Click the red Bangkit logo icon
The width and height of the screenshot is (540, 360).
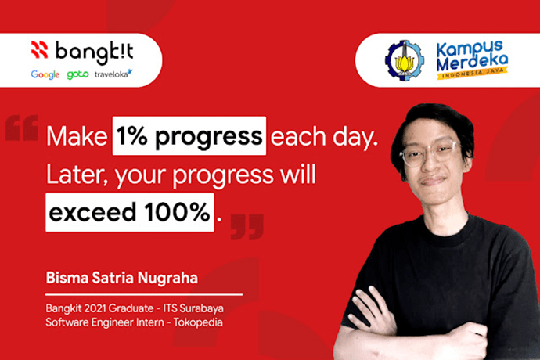tap(40, 49)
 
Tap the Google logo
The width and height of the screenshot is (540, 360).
tap(45, 74)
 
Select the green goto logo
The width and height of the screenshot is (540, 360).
tap(77, 74)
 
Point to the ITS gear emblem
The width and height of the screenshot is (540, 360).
tap(405, 60)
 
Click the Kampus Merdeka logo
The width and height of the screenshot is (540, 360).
tap(472, 60)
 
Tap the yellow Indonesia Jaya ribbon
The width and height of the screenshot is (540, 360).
tap(472, 74)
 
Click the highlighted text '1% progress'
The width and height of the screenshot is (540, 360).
tap(189, 135)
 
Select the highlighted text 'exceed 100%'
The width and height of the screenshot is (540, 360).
tap(129, 212)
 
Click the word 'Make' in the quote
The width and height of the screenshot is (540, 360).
tap(77, 136)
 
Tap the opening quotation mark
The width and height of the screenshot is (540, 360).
tap(22, 128)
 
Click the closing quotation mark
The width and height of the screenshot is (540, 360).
tap(247, 227)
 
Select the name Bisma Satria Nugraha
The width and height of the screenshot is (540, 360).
tap(122, 278)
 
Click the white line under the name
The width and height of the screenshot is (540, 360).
tap(144, 295)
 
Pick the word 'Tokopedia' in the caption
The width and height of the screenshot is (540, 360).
tap(198, 322)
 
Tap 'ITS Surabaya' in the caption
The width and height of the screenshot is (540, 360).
tap(193, 308)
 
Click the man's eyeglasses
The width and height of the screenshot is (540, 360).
tap(430, 154)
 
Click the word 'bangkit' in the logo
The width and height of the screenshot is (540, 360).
tap(95, 52)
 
